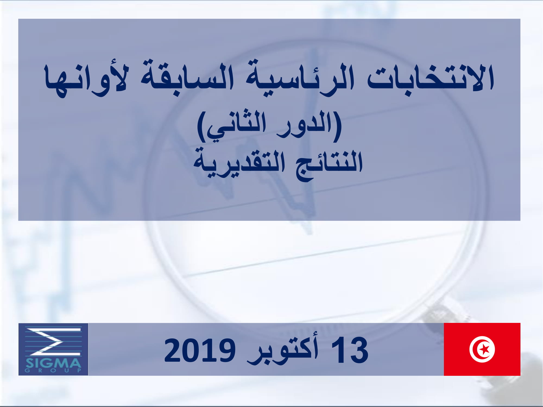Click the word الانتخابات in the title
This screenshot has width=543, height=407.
pyautogui.click(x=430, y=77)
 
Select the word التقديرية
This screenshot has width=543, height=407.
pyautogui.click(x=239, y=164)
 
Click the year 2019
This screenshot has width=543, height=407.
pyautogui.click(x=200, y=350)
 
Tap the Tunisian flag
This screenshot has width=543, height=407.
pyautogui.click(x=482, y=349)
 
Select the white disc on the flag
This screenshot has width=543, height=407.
pyautogui.click(x=482, y=349)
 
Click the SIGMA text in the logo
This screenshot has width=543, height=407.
pyautogui.click(x=53, y=363)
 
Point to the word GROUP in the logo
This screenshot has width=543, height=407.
pyautogui.click(x=53, y=370)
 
